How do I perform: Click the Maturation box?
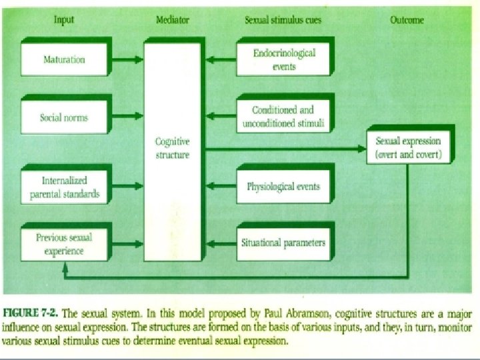point(64,59)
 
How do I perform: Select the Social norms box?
point(64,118)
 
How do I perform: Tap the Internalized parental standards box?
point(64,187)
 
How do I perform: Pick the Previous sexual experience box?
point(64,244)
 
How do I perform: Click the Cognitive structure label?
point(172,148)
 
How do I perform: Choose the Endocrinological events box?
point(284,59)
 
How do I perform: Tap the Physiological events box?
point(283,186)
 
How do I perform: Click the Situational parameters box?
point(283,242)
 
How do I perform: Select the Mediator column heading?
point(172,20)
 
